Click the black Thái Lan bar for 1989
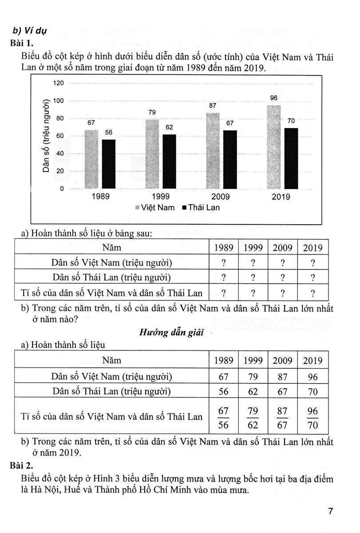click(108, 164)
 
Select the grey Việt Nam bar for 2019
click(273, 147)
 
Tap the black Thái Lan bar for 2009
click(229, 159)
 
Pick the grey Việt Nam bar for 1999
click(152, 154)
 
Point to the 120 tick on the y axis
click(59, 83)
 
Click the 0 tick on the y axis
click(62, 189)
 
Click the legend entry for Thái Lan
click(201, 207)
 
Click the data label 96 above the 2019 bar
click(273, 98)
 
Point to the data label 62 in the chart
click(169, 127)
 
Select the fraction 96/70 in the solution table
click(313, 417)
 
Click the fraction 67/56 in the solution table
click(223, 417)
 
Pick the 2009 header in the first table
click(282, 248)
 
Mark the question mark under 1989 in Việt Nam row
click(223, 263)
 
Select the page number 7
click(330, 511)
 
